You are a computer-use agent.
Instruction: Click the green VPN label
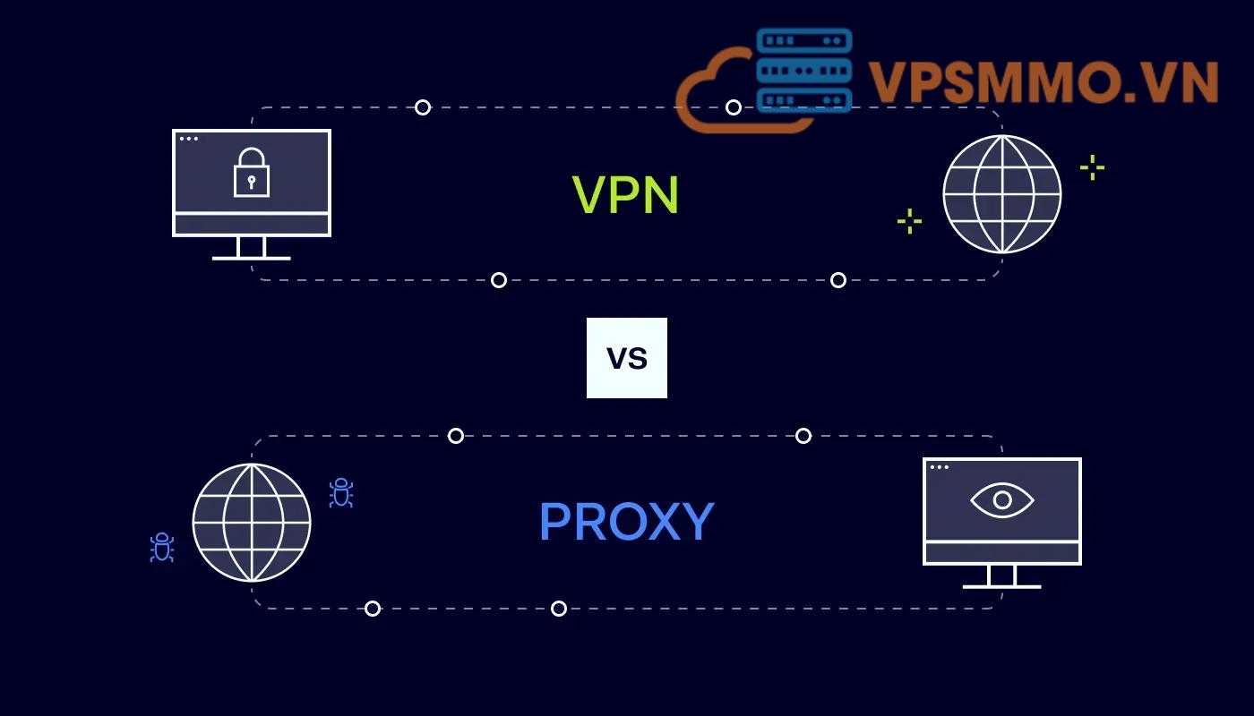pyautogui.click(x=625, y=194)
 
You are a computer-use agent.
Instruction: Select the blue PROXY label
pyautogui.click(x=626, y=522)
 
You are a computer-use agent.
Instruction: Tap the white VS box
pyautogui.click(x=627, y=358)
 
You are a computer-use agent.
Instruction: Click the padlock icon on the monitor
pyautogui.click(x=252, y=172)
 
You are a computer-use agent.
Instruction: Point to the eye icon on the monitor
pyautogui.click(x=1002, y=499)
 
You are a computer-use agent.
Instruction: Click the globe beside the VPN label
pyautogui.click(x=1001, y=194)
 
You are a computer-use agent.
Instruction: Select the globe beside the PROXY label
pyautogui.click(x=252, y=522)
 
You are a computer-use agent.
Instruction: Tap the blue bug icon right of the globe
pyautogui.click(x=341, y=492)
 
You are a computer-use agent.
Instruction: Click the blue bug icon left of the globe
pyautogui.click(x=161, y=547)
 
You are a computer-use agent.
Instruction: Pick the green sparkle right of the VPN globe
pyautogui.click(x=1092, y=167)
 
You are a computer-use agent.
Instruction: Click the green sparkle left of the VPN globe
pyautogui.click(x=909, y=221)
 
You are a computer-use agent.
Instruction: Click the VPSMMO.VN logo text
pyautogui.click(x=1044, y=82)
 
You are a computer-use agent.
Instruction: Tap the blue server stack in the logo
pyautogui.click(x=803, y=71)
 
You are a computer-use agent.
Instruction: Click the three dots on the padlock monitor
pyautogui.click(x=188, y=139)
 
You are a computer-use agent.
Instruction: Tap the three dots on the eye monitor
pyautogui.click(x=939, y=467)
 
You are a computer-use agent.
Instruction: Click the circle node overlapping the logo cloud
pyautogui.click(x=734, y=107)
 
